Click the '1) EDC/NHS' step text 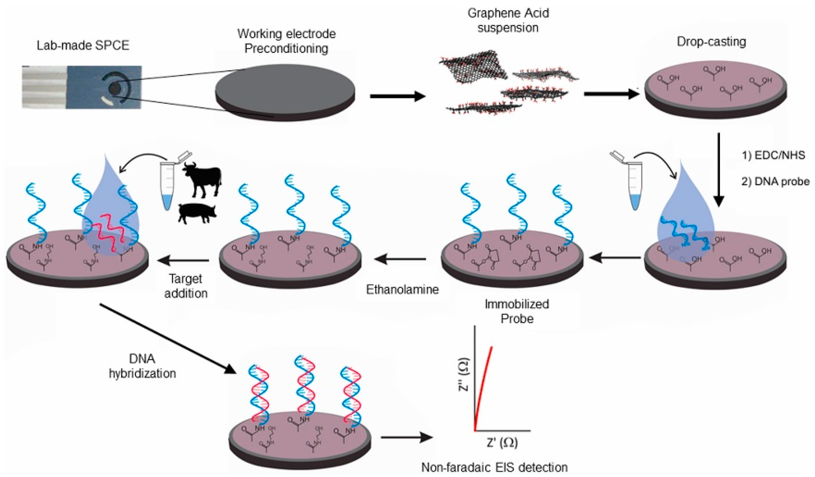[x=773, y=155]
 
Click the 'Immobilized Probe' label [x=517, y=311]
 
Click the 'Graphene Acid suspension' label [x=508, y=20]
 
